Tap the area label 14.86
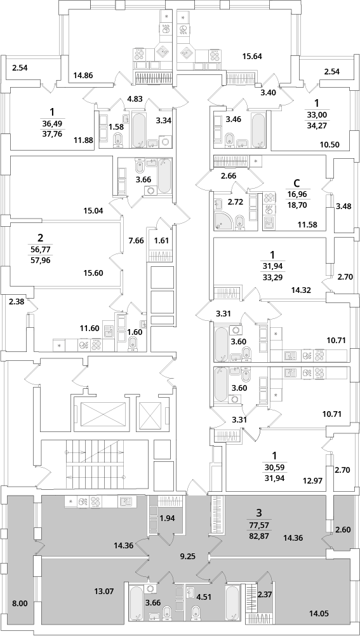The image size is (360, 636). pos(83,74)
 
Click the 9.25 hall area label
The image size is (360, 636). pos(189,557)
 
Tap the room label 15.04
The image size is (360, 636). pos(93,210)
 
